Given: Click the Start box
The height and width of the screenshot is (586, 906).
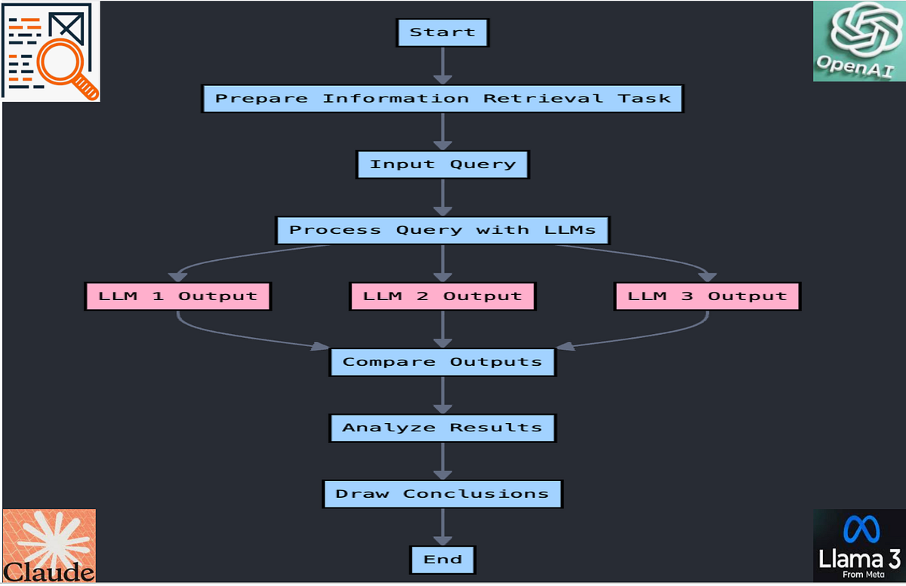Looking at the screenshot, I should point(442,32).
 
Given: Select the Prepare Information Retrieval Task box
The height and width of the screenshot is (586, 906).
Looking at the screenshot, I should point(442,98).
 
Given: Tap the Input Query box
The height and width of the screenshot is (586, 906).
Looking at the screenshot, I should point(442,164).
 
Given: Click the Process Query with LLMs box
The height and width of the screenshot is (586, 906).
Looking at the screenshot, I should point(442,230).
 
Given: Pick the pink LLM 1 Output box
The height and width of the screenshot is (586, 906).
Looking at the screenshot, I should point(177,296).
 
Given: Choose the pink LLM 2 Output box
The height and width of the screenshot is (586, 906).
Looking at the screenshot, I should point(442,296).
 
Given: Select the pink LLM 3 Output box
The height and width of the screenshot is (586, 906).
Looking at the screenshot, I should point(707,296).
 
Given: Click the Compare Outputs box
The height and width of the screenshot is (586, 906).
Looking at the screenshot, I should point(442,362).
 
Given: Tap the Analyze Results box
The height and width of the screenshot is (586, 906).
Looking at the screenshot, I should point(442,428).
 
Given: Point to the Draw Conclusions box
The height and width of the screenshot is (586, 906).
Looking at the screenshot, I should point(442,494).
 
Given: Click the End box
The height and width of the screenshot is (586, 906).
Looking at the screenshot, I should point(442,560).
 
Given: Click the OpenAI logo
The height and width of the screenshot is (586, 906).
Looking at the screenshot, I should point(858,41).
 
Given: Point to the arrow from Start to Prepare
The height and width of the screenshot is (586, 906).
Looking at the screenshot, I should point(442,66).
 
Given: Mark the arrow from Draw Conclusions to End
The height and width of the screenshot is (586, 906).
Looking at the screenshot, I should point(442,526).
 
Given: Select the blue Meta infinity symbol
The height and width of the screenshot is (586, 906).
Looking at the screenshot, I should point(861,529).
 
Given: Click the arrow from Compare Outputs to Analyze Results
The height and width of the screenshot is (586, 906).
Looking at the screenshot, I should point(442,394).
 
